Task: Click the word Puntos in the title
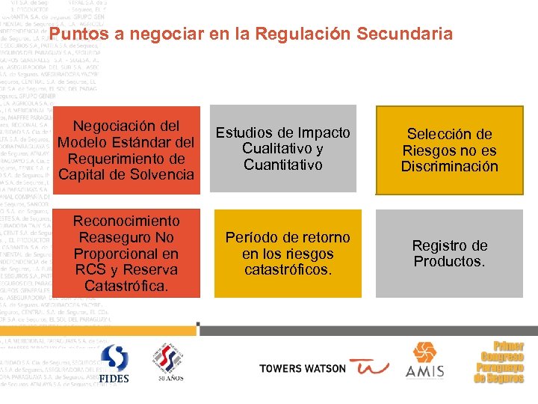(76, 34)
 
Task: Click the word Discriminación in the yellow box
(449, 167)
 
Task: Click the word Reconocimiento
(126, 221)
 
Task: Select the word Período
(253, 237)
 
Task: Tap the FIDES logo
(114, 364)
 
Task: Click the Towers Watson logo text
(302, 368)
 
